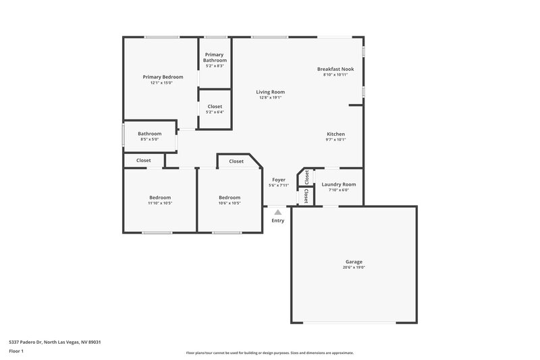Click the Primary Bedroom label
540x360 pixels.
coord(163,77)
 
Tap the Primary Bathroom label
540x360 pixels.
coord(215,57)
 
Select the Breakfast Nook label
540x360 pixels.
coord(335,69)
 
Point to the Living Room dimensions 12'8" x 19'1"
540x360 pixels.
coord(270,98)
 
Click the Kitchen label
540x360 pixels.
coord(336,134)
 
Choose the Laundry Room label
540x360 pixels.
coord(338,184)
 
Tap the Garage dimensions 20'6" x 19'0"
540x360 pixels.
coord(354,267)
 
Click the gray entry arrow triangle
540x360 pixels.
coord(277,212)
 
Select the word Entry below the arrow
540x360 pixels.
coord(277,221)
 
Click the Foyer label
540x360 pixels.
coord(278,180)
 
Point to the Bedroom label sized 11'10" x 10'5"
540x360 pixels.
coord(160,197)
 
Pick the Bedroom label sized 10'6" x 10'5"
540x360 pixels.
coord(229,197)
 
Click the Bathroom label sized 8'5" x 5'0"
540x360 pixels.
coord(149,134)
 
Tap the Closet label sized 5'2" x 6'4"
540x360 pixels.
coord(215,107)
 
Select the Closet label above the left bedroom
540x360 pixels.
coord(144,160)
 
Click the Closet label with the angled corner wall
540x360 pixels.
coord(236,161)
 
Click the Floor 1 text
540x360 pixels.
coord(17,352)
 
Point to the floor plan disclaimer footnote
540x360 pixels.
coord(269,353)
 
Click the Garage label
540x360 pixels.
coord(354,261)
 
